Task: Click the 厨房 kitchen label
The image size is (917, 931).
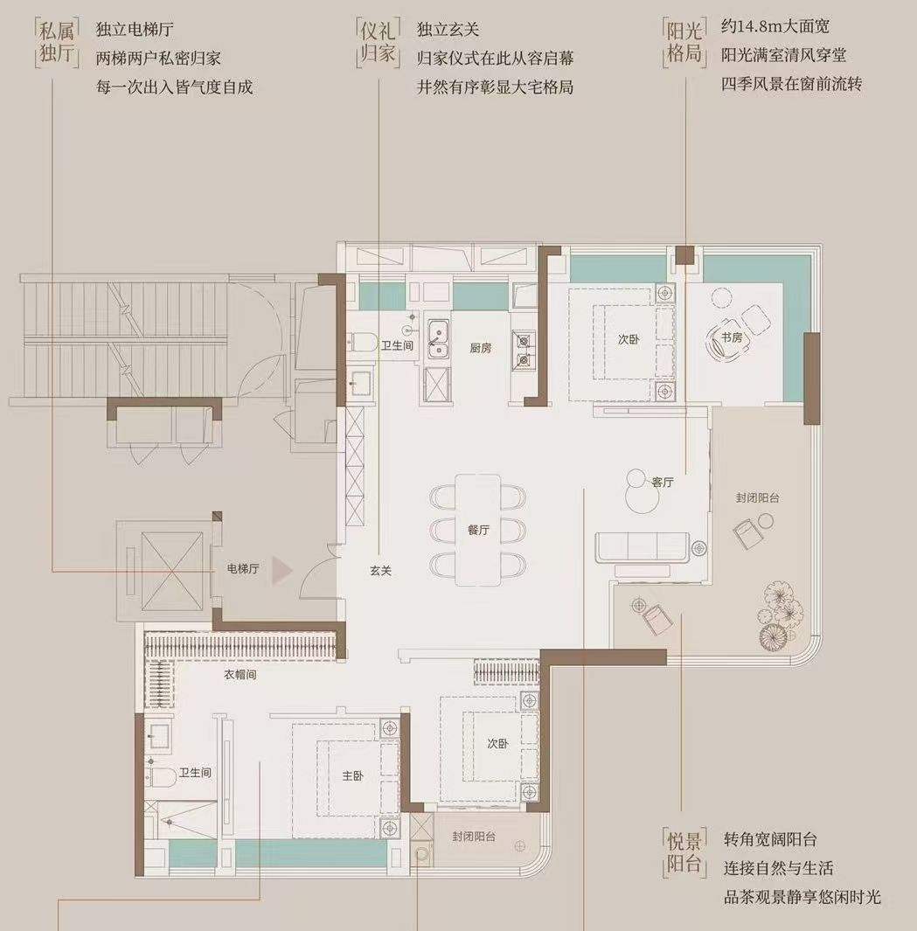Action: point(480,348)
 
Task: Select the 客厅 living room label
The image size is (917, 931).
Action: point(663,482)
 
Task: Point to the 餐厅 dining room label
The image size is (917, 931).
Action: point(477,530)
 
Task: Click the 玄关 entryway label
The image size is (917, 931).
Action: point(380,571)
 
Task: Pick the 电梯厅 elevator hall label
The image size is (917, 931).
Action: point(242,569)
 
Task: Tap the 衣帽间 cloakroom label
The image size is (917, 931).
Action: point(240,675)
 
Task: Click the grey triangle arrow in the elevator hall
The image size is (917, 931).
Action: point(281,571)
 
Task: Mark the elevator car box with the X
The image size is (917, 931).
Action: point(166,571)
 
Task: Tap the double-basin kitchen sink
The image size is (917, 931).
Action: point(438,340)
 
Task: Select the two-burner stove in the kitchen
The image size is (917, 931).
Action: point(523,349)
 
